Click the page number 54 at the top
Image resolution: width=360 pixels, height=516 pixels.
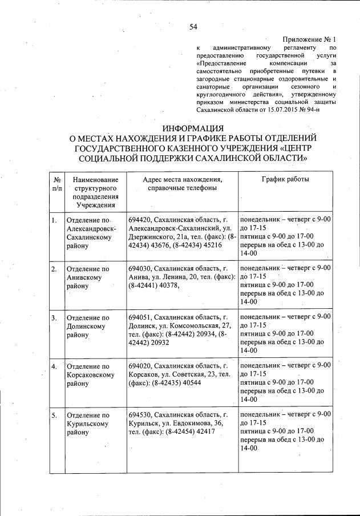[193, 26]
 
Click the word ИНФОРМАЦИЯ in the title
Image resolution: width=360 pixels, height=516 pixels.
[193, 127]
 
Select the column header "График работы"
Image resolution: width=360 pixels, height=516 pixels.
[285, 180]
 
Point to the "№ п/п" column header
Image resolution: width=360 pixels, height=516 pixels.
[56, 184]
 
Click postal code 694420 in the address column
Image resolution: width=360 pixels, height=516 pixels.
[140, 220]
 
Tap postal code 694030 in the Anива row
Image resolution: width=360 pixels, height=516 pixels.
[140, 268]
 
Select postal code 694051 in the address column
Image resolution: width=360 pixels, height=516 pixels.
[140, 317]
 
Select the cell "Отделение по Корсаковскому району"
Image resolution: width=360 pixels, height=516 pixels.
[89, 375]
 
